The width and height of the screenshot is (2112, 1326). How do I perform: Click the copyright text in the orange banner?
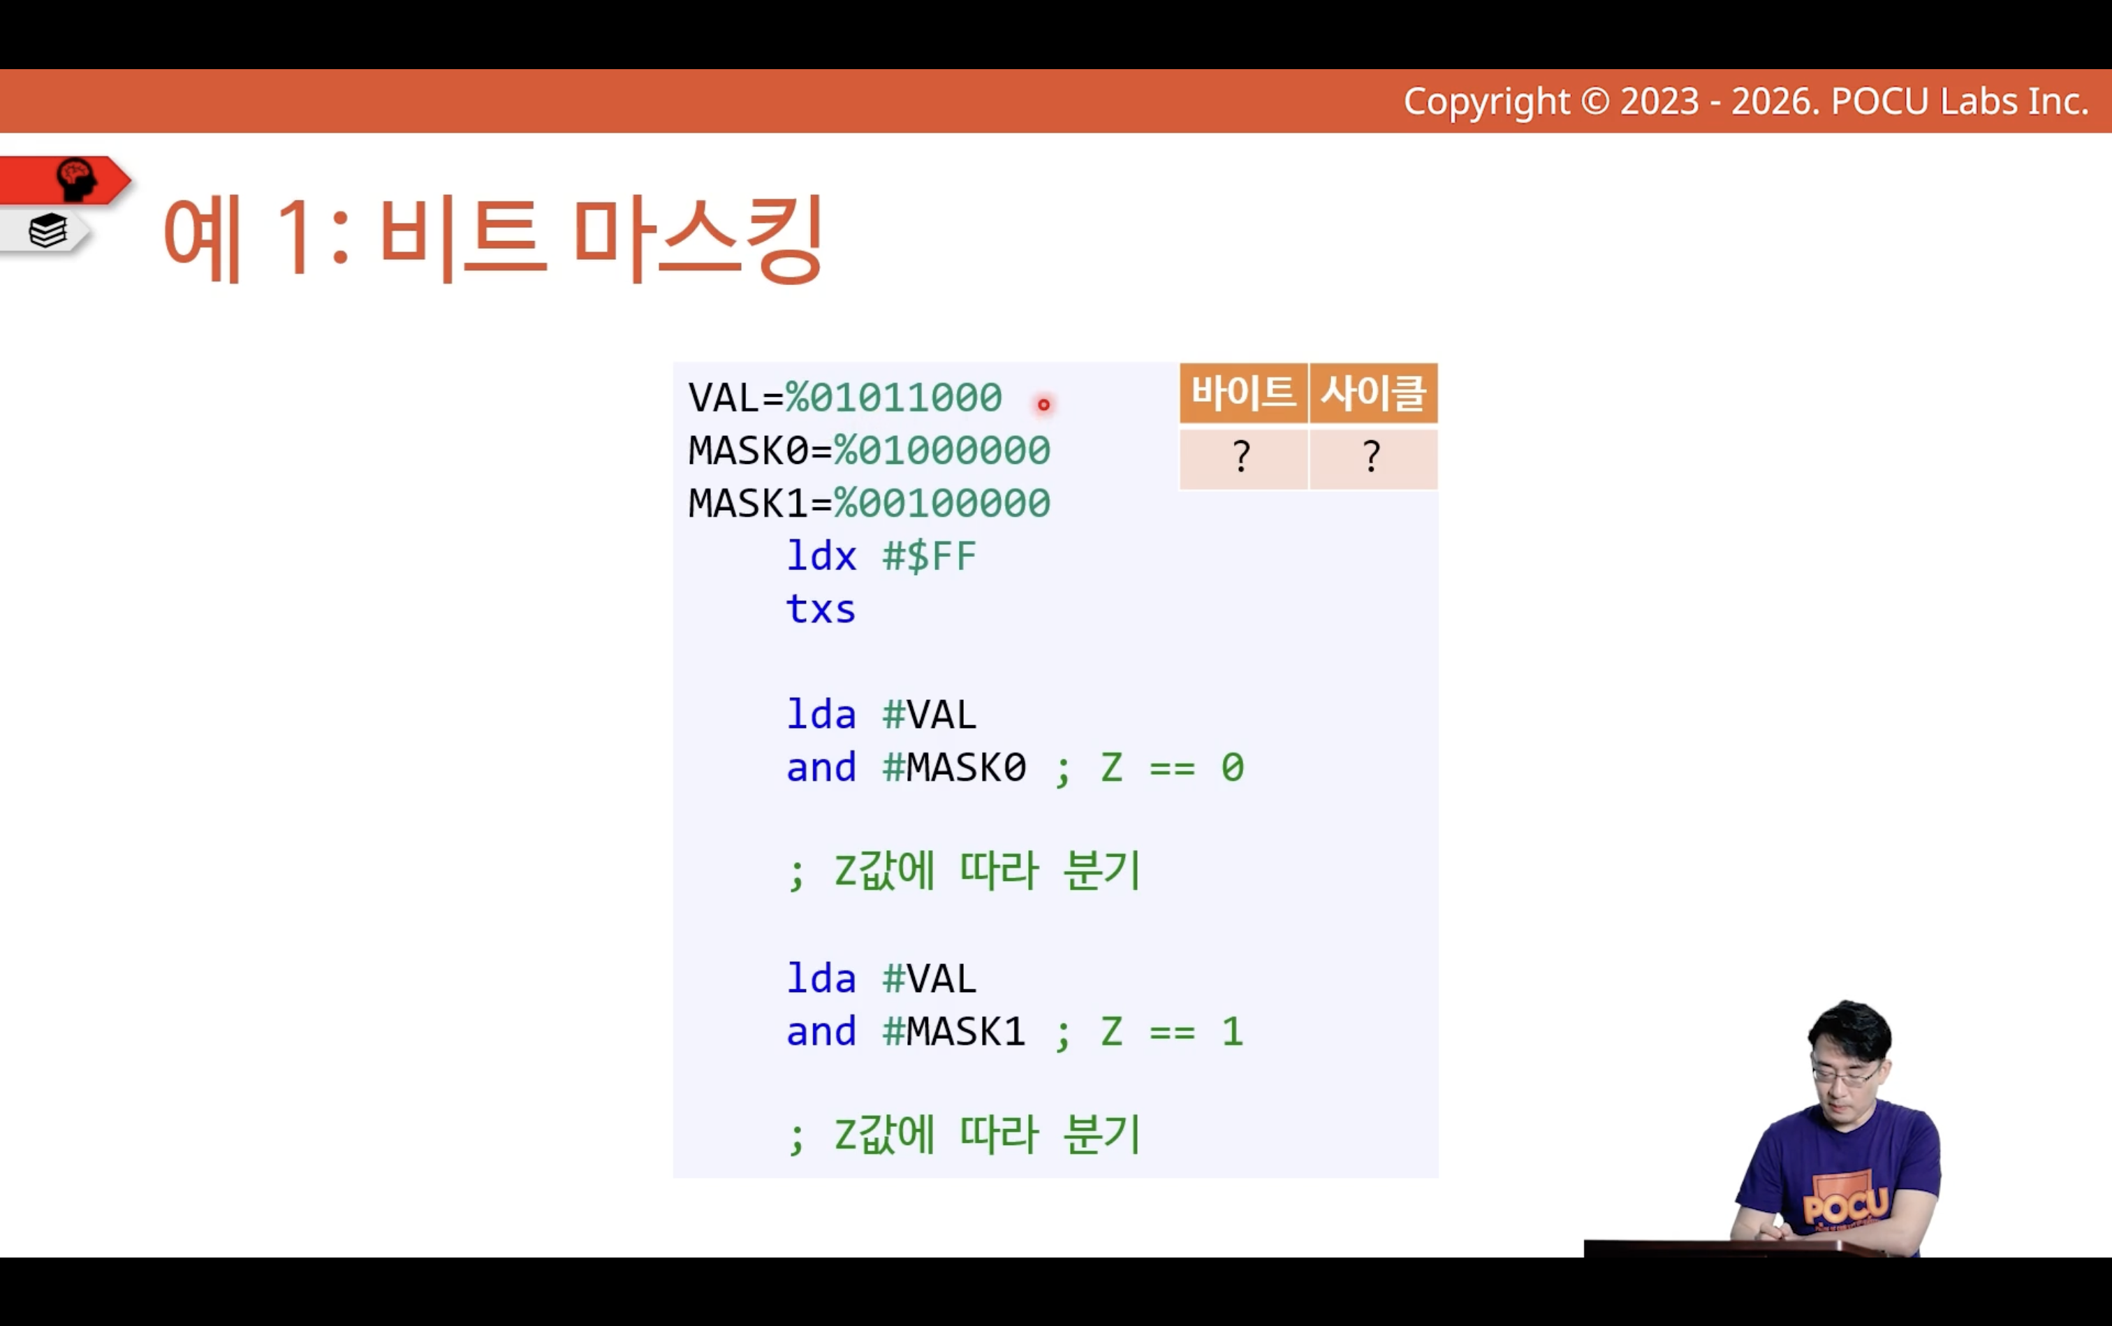[x=1745, y=102]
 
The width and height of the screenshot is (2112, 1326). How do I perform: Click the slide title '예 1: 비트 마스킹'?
[x=492, y=238]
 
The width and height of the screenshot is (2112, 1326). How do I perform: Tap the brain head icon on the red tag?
[x=76, y=180]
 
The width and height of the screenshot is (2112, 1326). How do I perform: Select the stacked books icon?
[x=48, y=231]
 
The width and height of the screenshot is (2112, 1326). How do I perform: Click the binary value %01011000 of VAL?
[x=893, y=398]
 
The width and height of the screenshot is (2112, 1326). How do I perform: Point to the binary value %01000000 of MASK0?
[x=941, y=451]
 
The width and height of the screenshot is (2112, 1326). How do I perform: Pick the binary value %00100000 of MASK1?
[x=941, y=504]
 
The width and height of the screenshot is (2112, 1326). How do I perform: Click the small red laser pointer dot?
[x=1043, y=405]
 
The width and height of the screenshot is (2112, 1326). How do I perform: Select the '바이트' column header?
[x=1243, y=392]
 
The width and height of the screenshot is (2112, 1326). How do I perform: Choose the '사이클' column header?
[x=1373, y=392]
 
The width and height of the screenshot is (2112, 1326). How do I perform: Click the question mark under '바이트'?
[x=1241, y=456]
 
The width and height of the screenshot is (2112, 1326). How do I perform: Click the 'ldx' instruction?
[x=821, y=556]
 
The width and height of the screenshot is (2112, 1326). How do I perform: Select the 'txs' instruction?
[x=821, y=609]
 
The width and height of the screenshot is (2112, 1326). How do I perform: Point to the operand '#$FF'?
[x=930, y=556]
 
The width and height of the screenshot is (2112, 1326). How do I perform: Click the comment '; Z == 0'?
[x=1150, y=768]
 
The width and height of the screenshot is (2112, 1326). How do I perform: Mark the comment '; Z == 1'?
[x=1150, y=1031]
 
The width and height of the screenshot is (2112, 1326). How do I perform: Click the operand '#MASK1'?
[x=954, y=1031]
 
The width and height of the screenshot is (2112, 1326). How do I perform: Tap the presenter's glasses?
[x=1845, y=1075]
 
